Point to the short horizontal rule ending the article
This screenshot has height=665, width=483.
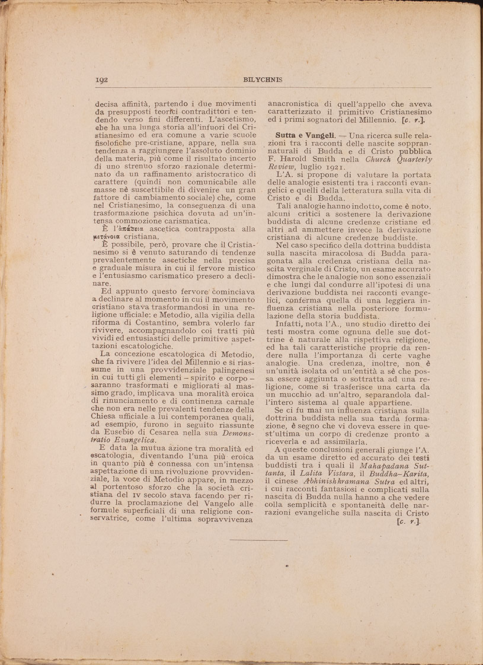pyautogui.click(x=258, y=540)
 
